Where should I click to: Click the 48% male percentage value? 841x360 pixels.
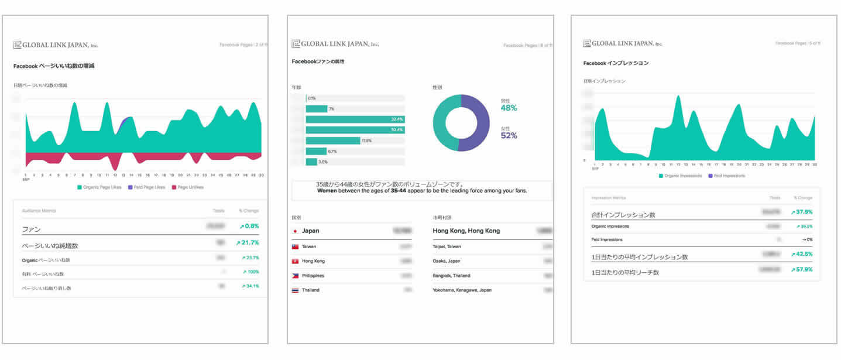(509, 108)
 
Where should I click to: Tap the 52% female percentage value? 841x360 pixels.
(509, 136)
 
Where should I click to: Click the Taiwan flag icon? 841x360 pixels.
(295, 247)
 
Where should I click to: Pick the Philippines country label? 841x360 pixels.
(314, 276)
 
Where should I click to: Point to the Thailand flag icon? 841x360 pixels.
(295, 290)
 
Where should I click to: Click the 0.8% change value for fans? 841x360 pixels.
(249, 226)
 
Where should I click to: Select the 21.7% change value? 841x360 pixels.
(247, 242)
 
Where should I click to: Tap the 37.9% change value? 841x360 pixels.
(801, 212)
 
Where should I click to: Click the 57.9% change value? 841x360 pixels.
(801, 269)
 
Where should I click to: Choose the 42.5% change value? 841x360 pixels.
(801, 255)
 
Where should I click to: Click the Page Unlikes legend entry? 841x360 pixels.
(187, 187)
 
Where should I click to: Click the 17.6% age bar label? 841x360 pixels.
(367, 140)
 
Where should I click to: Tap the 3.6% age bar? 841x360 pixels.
(311, 162)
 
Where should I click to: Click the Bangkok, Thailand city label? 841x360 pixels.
(451, 276)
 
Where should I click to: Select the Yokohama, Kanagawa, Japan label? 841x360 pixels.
(462, 290)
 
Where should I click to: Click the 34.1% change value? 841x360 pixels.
(250, 286)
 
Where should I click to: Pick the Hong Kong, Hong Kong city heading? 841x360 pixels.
(466, 231)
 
